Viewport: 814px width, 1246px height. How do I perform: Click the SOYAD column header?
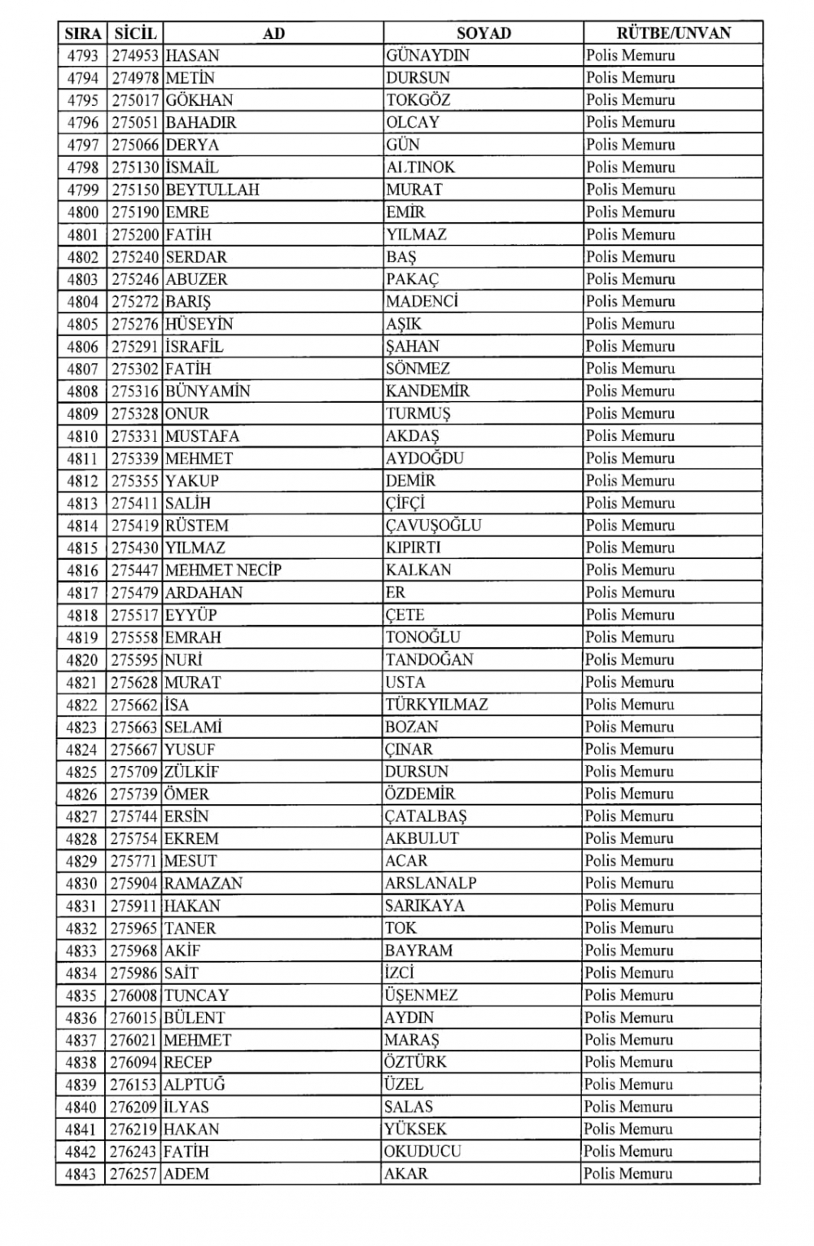click(484, 33)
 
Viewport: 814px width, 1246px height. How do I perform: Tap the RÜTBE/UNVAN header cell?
click(673, 33)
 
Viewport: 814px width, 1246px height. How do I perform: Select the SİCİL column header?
click(135, 33)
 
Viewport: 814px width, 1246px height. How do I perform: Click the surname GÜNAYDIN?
click(427, 56)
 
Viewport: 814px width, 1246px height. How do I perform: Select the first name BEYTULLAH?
click(212, 190)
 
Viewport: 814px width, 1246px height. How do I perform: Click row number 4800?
click(83, 212)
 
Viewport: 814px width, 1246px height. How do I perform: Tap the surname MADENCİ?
click(422, 302)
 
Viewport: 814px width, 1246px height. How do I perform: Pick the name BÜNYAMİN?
click(208, 391)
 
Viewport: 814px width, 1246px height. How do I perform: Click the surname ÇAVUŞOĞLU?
click(433, 526)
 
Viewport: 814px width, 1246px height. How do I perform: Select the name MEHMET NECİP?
click(223, 571)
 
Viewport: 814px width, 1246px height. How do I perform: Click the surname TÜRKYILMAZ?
click(436, 705)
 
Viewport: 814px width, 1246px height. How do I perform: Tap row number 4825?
click(82, 772)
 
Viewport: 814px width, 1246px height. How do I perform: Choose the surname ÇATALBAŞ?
click(426, 816)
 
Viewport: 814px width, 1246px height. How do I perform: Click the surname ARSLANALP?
click(431, 884)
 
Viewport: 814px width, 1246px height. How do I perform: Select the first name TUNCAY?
click(196, 995)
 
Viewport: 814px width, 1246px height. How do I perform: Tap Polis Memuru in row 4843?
click(628, 1174)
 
